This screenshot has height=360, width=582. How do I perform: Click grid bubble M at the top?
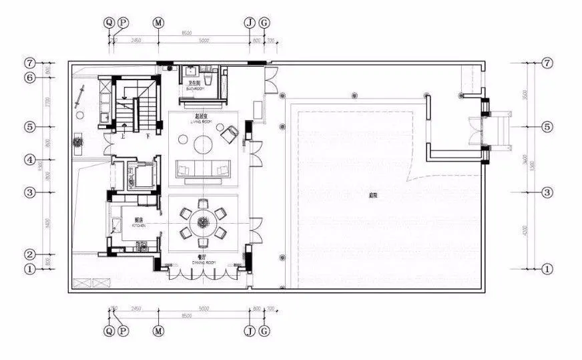click(x=158, y=23)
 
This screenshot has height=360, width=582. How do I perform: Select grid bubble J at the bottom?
click(x=249, y=330)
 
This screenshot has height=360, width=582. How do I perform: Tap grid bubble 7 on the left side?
click(x=29, y=63)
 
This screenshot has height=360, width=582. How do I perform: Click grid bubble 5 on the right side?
click(x=547, y=126)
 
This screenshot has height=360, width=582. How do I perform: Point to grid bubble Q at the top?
click(x=109, y=23)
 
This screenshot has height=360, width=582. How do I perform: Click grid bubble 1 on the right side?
click(x=547, y=269)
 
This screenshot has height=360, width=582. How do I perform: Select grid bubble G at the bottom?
click(x=264, y=330)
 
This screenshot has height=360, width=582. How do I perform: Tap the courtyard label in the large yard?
click(x=373, y=196)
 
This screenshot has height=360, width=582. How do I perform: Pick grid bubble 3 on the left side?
click(x=29, y=192)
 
